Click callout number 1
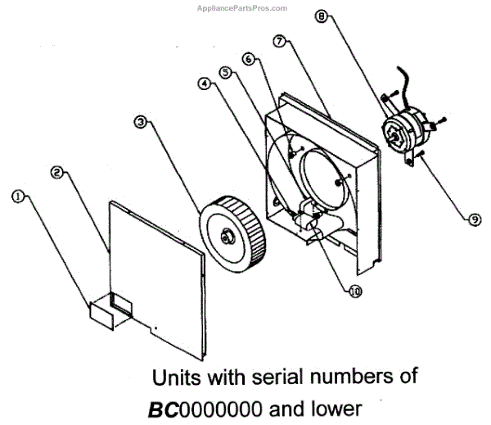[x=18, y=196]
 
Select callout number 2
[x=57, y=172]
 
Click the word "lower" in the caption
[x=332, y=408]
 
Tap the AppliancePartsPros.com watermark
[x=241, y=8]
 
